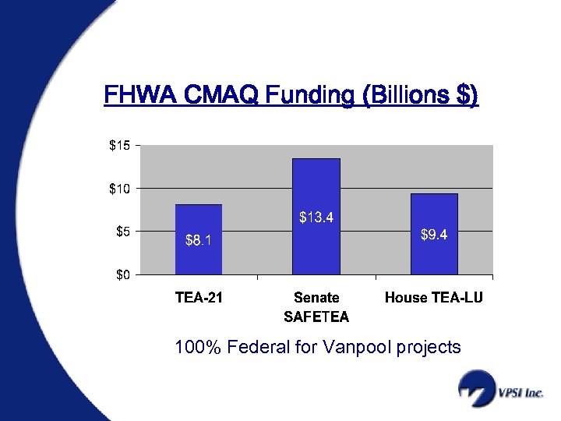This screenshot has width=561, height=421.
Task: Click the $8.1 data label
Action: (x=198, y=241)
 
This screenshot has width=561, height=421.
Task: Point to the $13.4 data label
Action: (x=316, y=218)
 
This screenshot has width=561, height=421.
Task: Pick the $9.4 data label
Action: (x=434, y=235)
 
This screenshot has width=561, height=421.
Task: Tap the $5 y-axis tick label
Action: (x=122, y=231)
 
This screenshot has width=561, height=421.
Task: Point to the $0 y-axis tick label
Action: (x=122, y=274)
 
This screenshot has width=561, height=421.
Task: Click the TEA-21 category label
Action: (x=199, y=298)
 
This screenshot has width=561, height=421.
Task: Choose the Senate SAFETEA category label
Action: (x=316, y=307)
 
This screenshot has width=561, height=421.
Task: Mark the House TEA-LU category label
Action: (x=434, y=298)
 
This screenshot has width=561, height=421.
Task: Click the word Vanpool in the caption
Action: (x=361, y=347)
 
